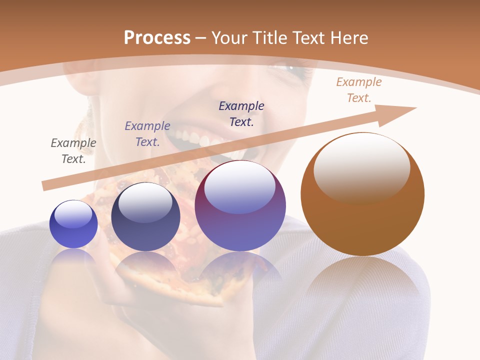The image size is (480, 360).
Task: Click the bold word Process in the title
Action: click(157, 37)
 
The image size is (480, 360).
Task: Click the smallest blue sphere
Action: click(73, 224)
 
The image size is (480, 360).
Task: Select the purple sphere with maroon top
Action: click(240, 206)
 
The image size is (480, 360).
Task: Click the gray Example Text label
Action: click(73, 151)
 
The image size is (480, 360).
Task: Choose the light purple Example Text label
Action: click(147, 134)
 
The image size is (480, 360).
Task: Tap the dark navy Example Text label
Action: click(241, 113)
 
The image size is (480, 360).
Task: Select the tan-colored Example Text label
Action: click(359, 90)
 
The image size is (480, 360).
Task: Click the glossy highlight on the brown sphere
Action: click(361, 167)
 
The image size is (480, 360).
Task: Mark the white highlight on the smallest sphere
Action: click(73, 214)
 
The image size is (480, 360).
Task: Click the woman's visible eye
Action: click(295, 67)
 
